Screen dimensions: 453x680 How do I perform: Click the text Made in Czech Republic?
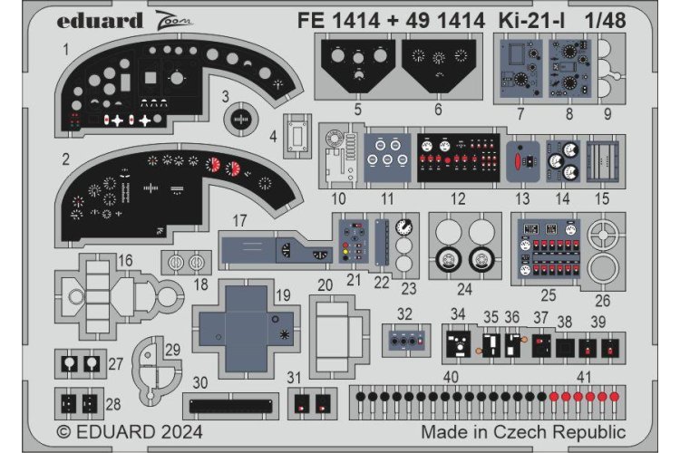(523, 432)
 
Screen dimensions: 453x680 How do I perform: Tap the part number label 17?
(238, 220)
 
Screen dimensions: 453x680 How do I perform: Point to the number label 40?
(451, 376)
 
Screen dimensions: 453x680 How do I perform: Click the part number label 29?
(172, 349)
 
